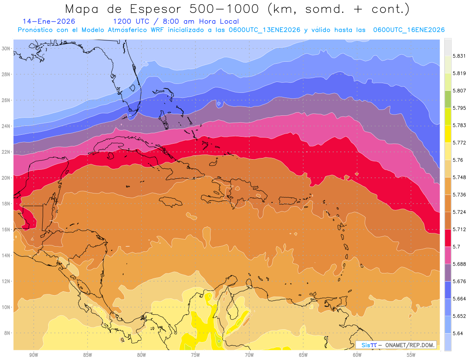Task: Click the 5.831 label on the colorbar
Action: pos(459,56)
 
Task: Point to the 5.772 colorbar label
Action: pos(459,143)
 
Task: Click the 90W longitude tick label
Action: pos(33,355)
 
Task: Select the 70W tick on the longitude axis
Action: pos(249,355)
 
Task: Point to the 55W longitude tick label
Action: pos(411,355)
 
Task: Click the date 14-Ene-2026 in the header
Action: pos(49,21)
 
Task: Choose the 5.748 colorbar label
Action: pos(459,177)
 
